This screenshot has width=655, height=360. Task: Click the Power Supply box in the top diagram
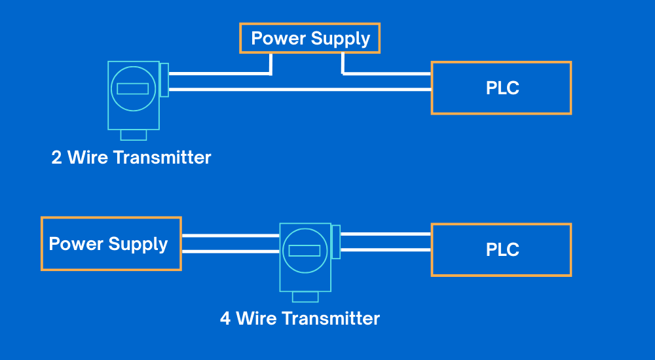[310, 39]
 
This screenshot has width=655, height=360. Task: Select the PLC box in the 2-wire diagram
[501, 88]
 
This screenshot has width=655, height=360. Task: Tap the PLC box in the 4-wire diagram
[501, 250]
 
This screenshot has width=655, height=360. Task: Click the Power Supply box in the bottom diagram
[111, 243]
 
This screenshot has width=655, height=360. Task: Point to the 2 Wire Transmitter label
[131, 158]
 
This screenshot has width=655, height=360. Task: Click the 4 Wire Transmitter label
[299, 319]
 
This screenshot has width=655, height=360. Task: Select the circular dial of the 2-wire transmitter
[133, 88]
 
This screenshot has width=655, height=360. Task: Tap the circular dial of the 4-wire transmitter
[305, 250]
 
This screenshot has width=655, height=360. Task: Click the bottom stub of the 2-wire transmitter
[134, 134]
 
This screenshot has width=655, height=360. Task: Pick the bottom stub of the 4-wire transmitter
[305, 297]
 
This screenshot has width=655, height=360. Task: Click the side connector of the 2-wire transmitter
[164, 80]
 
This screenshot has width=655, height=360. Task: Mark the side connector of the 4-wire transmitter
[336, 242]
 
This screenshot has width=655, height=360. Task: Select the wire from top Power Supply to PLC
[386, 73]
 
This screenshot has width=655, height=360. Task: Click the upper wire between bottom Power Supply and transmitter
[230, 235]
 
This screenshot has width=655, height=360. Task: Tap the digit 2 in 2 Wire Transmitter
[57, 158]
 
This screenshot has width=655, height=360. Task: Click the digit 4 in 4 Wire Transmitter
[225, 319]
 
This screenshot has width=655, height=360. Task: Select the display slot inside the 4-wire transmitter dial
[305, 250]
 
